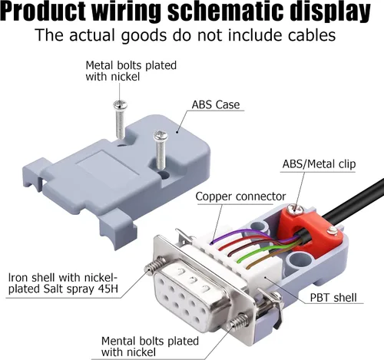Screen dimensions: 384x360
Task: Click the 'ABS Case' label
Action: click(216, 104)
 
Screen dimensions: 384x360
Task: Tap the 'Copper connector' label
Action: click(240, 197)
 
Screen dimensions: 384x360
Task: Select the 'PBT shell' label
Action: click(333, 298)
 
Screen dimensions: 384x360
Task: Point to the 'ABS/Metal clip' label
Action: click(319, 164)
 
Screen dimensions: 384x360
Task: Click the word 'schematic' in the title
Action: click(226, 12)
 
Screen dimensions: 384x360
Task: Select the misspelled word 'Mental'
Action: click(121, 341)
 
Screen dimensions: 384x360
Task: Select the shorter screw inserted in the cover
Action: click(161, 149)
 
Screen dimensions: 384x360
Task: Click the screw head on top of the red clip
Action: click(295, 209)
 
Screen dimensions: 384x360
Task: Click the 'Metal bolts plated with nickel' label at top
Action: click(131, 71)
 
